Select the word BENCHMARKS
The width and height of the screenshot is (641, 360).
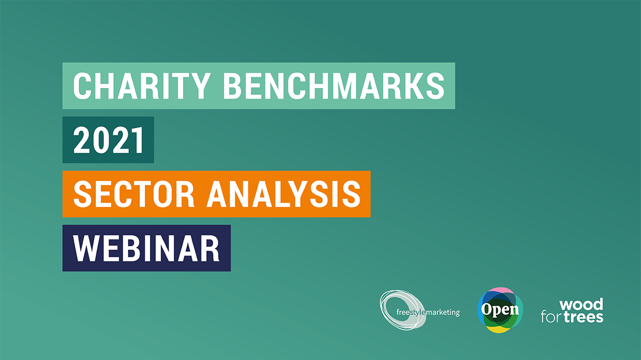point(334,86)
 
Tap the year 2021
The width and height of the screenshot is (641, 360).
point(108,140)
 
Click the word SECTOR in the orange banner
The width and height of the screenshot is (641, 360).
point(134,194)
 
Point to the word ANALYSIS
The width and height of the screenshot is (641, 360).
point(284,194)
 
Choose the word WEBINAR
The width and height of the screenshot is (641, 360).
point(146,248)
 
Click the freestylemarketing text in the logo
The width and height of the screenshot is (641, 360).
point(428,312)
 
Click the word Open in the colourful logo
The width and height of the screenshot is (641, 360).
point(500,310)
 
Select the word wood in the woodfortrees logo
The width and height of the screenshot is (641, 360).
point(581,304)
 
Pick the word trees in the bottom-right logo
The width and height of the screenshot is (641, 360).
point(584,317)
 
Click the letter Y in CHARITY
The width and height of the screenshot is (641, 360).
point(201,86)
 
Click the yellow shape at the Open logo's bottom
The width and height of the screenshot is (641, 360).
point(500,329)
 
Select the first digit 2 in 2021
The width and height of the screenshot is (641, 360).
point(82,140)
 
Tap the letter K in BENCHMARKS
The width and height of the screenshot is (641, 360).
point(412,86)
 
